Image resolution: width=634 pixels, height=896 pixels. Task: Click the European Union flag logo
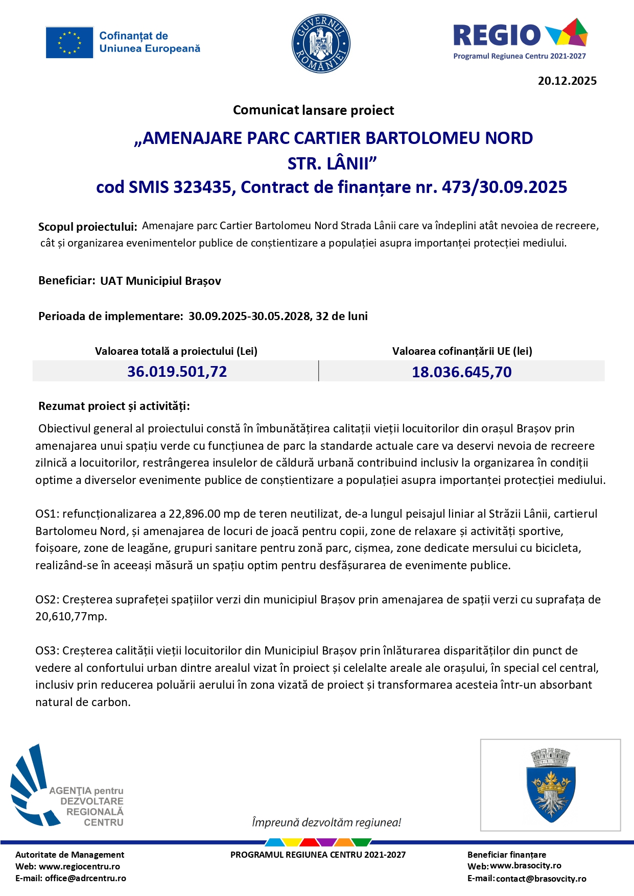click(69, 42)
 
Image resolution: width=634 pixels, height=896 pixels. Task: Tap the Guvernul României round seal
click(320, 43)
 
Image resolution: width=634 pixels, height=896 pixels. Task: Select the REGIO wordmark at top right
click(497, 35)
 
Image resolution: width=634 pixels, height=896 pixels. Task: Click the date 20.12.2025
click(567, 81)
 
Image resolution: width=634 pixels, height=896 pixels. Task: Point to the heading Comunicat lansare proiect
click(313, 110)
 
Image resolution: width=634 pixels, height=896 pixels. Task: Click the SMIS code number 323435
click(202, 187)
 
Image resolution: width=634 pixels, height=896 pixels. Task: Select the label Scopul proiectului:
click(87, 227)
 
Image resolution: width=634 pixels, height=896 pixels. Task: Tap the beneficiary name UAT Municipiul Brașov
click(160, 281)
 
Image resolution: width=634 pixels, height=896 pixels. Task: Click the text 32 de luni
click(341, 316)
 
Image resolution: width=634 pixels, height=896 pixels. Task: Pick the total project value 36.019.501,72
click(177, 371)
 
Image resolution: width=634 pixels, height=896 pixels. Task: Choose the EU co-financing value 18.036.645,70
click(461, 372)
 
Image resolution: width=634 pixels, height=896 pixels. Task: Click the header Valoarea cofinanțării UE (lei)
click(462, 351)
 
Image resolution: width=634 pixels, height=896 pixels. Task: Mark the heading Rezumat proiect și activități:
click(114, 406)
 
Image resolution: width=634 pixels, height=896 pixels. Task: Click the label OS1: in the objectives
click(48, 514)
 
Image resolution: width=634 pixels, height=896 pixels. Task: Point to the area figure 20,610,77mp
click(71, 616)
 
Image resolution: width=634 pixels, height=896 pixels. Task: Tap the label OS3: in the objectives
click(48, 650)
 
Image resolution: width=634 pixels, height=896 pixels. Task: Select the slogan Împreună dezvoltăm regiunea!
click(326, 822)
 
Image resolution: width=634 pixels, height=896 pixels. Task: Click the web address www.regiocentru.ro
click(79, 866)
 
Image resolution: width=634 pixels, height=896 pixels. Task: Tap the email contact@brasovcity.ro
click(541, 879)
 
